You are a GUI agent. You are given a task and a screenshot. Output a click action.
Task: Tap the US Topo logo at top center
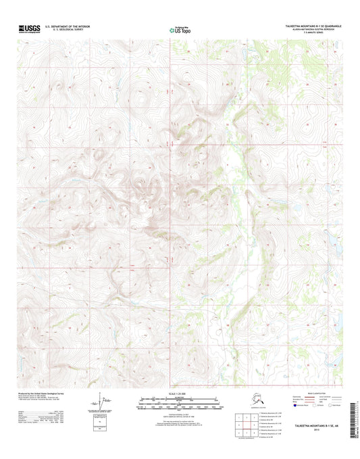[180, 30]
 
